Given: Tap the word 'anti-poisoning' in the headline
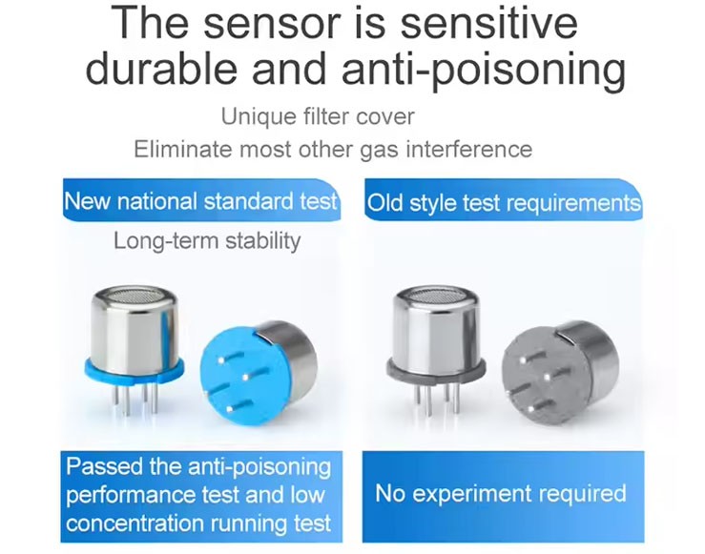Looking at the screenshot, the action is [x=484, y=70].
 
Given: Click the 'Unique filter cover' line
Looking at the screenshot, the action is [x=318, y=117].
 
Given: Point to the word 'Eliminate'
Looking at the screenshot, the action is [x=182, y=149].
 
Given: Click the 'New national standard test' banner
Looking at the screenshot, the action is [x=201, y=200].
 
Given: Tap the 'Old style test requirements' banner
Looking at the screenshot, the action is [x=503, y=201].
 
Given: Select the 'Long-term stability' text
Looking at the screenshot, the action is [x=207, y=241].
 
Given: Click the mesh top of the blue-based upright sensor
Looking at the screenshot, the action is [x=134, y=295].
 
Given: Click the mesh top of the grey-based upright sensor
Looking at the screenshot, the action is [x=435, y=295].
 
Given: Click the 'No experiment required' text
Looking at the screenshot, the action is [x=501, y=493].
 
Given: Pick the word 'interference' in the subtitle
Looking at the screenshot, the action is [x=469, y=149].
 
